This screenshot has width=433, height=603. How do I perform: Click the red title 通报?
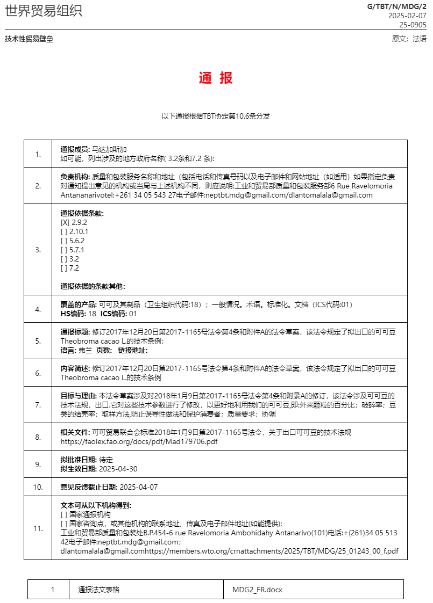(216, 78)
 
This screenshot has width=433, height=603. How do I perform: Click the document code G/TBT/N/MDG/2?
(396, 6)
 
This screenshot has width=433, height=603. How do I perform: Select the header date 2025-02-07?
(407, 16)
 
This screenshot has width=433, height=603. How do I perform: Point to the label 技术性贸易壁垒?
(29, 39)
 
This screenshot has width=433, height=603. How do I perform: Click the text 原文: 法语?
(409, 39)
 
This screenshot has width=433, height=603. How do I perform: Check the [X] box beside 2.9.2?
(65, 222)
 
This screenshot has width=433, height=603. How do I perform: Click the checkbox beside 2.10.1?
(64, 231)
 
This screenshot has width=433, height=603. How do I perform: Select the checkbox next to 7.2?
(64, 268)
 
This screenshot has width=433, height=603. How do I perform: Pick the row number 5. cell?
(38, 341)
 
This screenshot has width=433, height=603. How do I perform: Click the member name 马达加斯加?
(110, 149)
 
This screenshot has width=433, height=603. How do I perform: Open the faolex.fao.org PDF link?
(139, 441)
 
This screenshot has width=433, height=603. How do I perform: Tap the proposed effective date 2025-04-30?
(118, 469)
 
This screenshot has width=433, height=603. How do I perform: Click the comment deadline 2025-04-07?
(138, 487)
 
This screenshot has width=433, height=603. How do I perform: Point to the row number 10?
(38, 487)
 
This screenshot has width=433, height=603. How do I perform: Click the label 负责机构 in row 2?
(75, 176)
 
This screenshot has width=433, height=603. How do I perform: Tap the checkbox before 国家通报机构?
(64, 514)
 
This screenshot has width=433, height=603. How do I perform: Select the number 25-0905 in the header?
(413, 25)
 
